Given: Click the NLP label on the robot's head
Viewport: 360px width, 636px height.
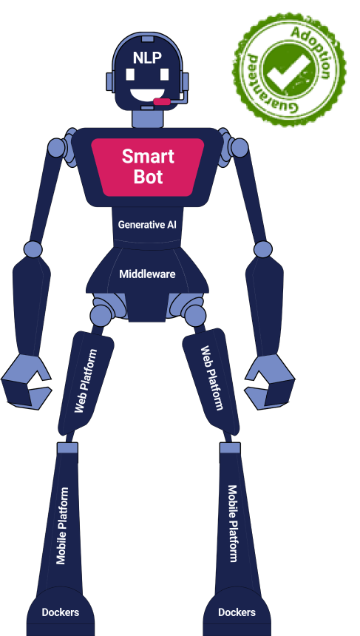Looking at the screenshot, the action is click(147, 58).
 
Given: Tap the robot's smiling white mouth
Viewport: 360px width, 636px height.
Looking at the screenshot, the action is click(147, 95).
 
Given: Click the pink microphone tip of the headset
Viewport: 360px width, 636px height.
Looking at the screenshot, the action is click(162, 101).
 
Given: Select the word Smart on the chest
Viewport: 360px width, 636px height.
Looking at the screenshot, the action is click(148, 156).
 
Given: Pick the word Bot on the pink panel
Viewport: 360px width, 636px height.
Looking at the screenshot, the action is click(149, 177).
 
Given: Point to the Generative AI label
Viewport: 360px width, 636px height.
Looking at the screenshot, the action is click(147, 225).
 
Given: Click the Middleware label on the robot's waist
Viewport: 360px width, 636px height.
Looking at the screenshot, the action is click(147, 274).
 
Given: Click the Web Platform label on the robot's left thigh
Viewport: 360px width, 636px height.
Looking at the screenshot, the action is click(212, 378).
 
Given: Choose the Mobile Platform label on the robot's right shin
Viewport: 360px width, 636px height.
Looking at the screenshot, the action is click(61, 526).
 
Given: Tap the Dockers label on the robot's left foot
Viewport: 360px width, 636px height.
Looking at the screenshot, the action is click(237, 612).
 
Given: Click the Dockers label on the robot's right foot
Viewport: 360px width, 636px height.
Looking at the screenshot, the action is click(61, 612).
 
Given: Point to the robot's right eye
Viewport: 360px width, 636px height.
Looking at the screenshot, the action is click(130, 75).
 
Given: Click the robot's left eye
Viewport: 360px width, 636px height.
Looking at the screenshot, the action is click(164, 75).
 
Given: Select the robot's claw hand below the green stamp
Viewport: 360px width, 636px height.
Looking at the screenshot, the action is click(270, 382).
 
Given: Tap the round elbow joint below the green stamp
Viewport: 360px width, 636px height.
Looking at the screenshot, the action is click(263, 249).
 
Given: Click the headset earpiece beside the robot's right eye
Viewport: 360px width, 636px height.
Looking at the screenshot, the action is click(110, 81).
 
